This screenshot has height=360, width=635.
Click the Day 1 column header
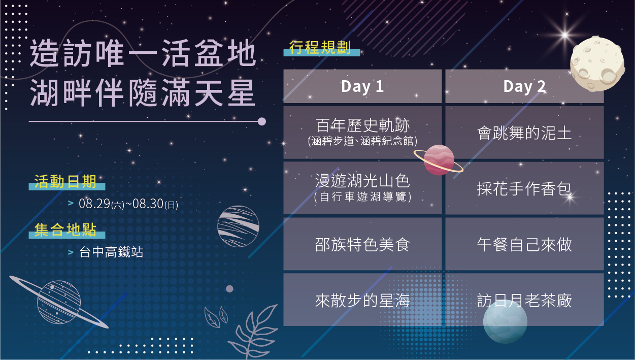[362, 86]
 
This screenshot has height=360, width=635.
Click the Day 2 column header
[524, 86]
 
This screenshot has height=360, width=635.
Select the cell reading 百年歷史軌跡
[362, 133]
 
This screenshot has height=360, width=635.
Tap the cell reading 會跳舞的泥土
[524, 133]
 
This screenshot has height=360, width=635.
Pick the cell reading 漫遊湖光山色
[362, 188]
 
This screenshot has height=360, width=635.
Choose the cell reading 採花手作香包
[524, 188]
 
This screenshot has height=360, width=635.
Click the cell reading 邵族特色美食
[362, 244]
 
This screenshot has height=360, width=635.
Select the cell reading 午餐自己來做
[524, 244]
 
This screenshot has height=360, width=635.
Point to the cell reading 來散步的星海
[362, 300]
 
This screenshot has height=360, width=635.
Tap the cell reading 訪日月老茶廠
[524, 300]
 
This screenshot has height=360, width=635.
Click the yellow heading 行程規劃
[320, 47]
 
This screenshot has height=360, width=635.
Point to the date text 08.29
[94, 204]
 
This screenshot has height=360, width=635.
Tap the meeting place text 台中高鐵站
[111, 252]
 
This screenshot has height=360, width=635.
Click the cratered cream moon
[597, 64]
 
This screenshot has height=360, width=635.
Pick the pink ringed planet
[439, 160]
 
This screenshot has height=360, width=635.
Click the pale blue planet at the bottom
[505, 322]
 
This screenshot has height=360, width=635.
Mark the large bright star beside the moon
[565, 35]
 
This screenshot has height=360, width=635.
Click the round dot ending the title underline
[262, 121]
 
